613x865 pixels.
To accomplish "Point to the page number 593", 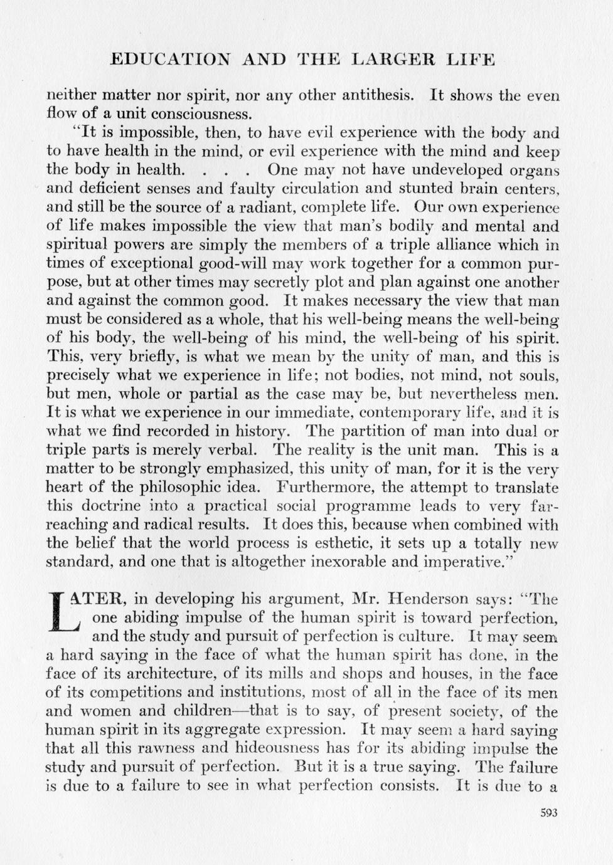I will click(x=548, y=814).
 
